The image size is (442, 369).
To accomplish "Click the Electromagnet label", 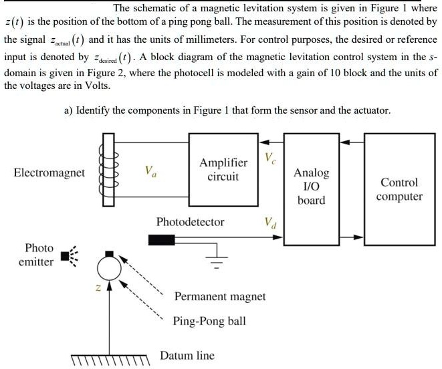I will point(49,173).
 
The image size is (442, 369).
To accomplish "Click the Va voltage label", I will point(151,171).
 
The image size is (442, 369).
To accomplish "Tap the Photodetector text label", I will point(190,221).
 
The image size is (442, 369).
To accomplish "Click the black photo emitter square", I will point(65,255).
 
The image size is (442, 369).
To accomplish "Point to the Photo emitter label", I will point(36,255).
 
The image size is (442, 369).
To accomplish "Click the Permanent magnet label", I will point(219,296).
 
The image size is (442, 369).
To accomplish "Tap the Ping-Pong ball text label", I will point(209,321).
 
